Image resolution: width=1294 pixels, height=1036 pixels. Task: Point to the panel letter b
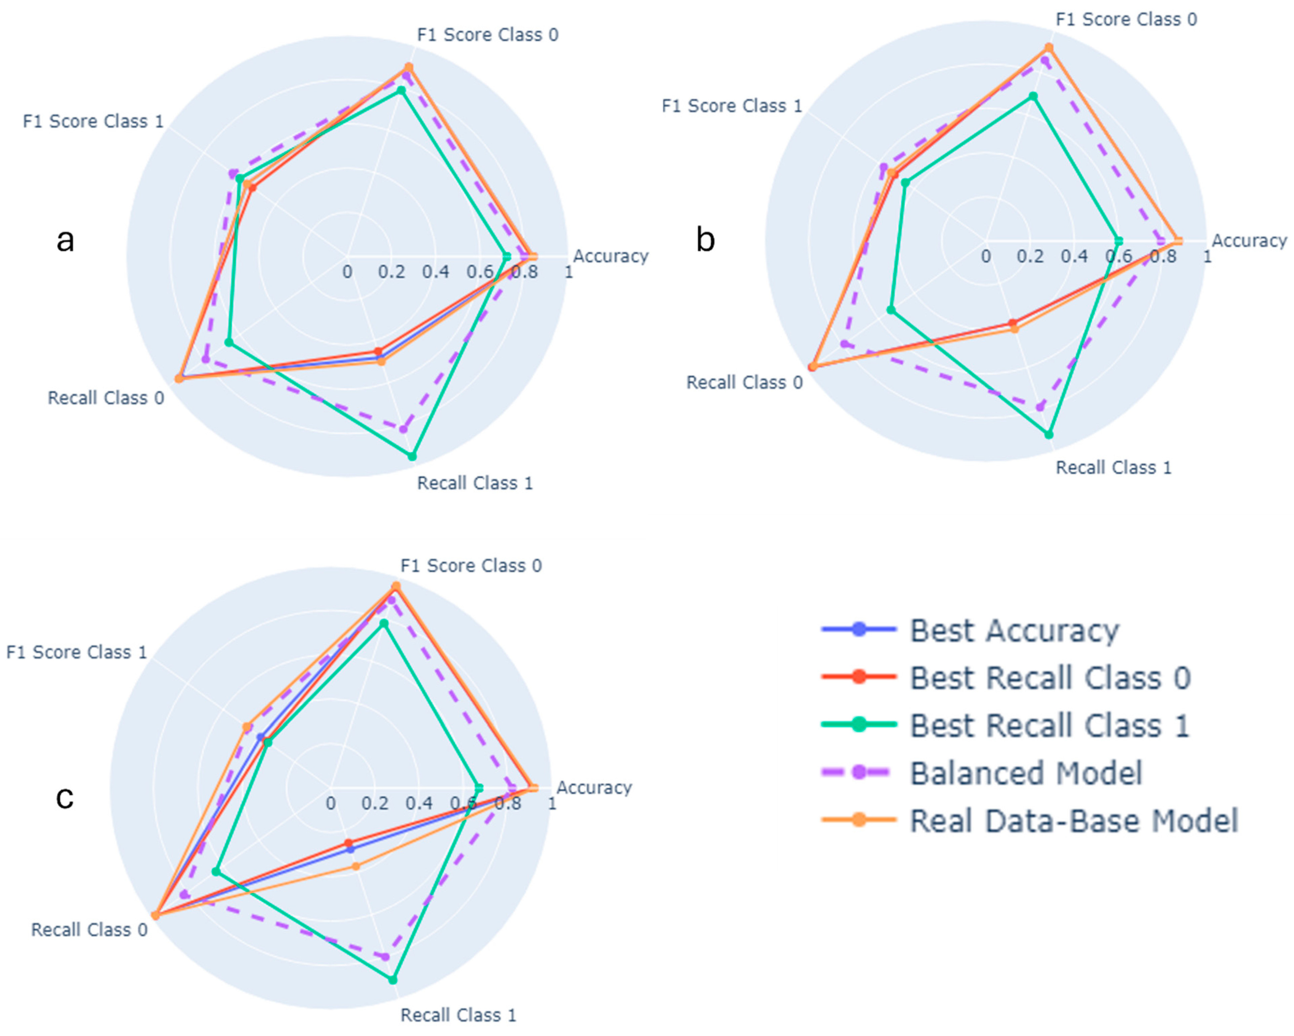point(705,240)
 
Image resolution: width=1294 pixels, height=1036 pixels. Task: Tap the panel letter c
point(65,797)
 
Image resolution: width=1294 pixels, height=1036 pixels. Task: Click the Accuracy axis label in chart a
point(610,256)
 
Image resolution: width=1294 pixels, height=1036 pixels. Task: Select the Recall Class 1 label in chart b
point(1113,468)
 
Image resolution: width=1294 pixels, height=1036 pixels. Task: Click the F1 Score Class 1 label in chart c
point(77,652)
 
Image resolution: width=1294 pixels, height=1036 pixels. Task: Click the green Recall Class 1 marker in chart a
point(412,456)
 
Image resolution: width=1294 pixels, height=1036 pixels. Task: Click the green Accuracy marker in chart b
point(1118,241)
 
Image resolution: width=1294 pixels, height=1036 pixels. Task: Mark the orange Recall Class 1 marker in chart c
point(355,866)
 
